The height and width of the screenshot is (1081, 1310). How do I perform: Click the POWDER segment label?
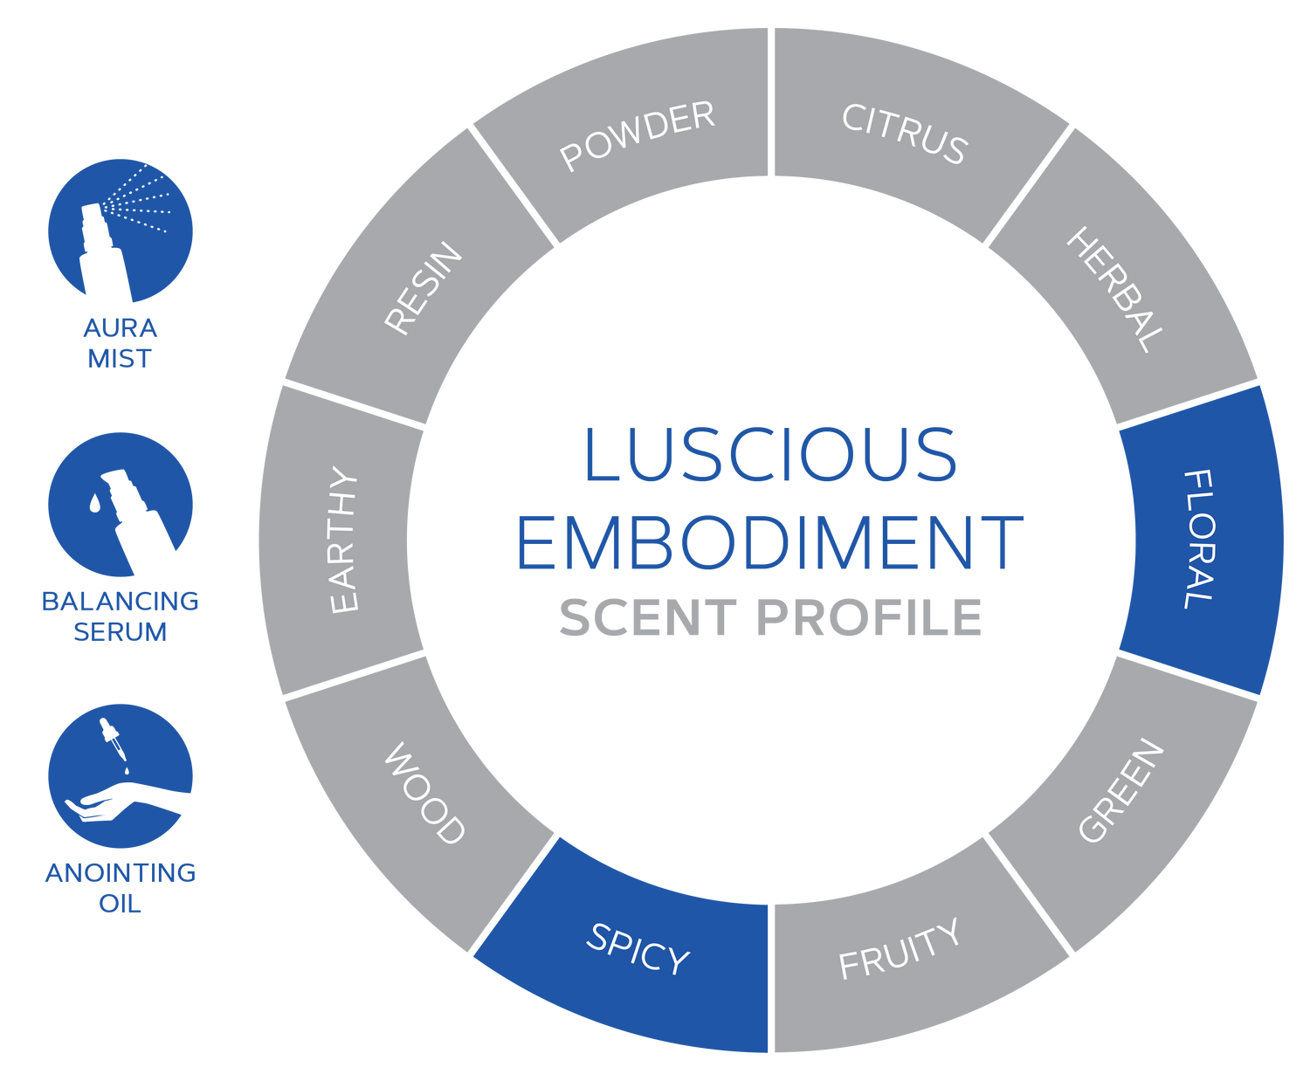point(638,135)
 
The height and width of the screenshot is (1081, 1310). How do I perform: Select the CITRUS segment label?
point(905,134)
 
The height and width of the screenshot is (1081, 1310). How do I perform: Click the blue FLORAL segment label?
point(1198,539)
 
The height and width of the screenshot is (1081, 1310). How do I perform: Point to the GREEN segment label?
point(1121,791)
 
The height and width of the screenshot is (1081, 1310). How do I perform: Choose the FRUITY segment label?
point(900,949)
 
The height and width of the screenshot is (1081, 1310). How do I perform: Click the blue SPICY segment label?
point(638,949)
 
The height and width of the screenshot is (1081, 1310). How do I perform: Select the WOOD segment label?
point(424,794)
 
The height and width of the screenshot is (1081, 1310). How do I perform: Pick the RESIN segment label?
point(424,288)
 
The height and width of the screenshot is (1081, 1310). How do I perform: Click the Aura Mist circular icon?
point(120,231)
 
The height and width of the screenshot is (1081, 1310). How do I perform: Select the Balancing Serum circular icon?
point(120,504)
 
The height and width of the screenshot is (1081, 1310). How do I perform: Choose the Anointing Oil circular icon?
point(120,775)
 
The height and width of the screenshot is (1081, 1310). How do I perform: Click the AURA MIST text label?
point(120,343)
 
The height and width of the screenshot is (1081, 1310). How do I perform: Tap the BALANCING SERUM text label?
point(120,616)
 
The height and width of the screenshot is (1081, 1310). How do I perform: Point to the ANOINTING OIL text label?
point(120,887)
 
